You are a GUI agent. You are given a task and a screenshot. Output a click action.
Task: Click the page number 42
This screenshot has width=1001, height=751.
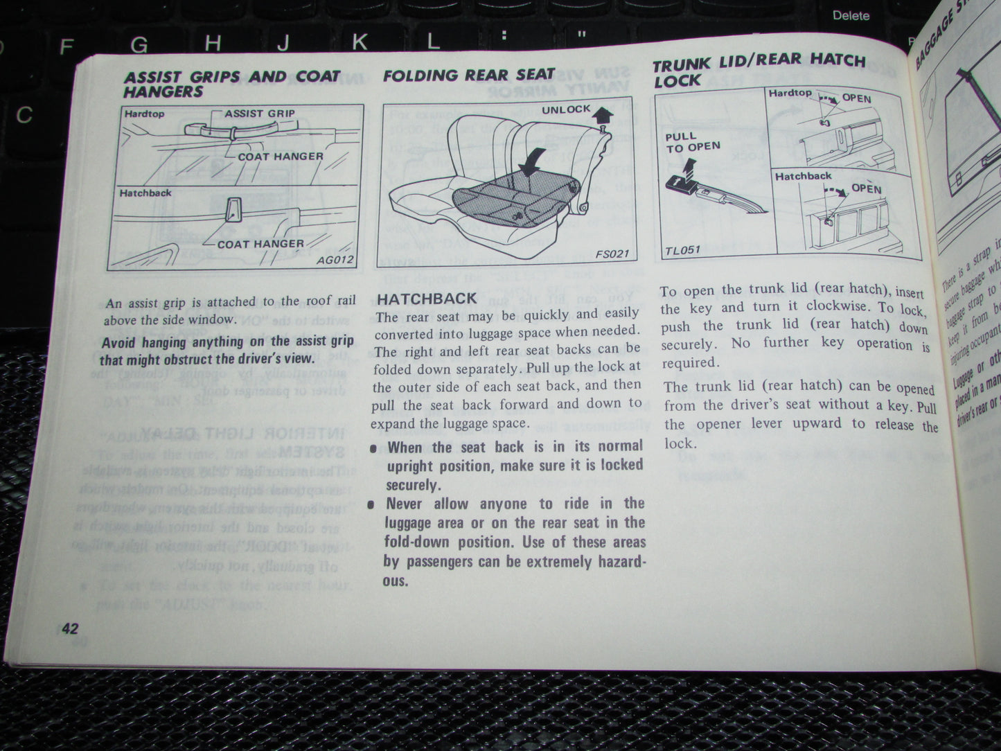(x=70, y=628)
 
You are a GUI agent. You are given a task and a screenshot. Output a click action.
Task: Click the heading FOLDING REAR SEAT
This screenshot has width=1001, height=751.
(x=469, y=75)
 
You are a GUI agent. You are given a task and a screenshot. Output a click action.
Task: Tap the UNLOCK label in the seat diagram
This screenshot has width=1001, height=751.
(x=566, y=109)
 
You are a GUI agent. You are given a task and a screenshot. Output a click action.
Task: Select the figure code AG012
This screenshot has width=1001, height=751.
(x=335, y=260)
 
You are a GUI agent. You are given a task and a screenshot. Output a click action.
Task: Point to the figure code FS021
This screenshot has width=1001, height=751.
(x=612, y=254)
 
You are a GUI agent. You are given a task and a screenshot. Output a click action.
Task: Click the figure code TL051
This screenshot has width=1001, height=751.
(x=682, y=249)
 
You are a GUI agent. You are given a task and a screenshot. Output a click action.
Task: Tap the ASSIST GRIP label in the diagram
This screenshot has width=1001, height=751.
(x=260, y=113)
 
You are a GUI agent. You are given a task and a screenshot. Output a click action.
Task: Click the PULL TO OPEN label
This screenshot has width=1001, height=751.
(x=692, y=142)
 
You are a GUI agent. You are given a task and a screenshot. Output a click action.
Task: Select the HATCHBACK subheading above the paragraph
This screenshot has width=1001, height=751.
(x=426, y=299)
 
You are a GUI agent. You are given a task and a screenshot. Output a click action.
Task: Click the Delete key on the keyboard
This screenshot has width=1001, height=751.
(x=851, y=15)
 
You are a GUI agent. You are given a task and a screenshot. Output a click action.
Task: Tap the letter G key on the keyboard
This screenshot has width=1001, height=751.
(x=139, y=45)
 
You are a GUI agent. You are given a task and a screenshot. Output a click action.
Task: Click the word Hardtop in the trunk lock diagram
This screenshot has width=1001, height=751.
(x=790, y=93)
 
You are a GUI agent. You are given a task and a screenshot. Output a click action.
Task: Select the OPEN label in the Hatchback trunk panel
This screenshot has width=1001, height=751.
(x=866, y=188)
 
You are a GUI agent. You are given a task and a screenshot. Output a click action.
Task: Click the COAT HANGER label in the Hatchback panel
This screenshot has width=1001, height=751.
(x=260, y=244)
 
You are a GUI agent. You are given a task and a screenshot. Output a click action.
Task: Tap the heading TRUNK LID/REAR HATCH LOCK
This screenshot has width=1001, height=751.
(x=758, y=70)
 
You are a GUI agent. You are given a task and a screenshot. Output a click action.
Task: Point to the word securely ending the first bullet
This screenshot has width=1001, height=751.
(x=413, y=485)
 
